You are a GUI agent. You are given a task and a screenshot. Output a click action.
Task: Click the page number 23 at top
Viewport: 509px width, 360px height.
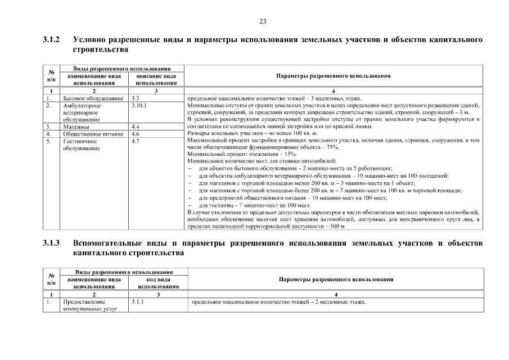point(262,21)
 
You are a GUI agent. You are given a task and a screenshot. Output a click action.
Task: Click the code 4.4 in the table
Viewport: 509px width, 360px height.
point(135,127)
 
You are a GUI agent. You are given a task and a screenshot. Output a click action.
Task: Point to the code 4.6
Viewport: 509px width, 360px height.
point(135,134)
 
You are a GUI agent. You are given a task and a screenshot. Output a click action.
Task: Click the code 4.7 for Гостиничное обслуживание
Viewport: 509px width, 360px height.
point(135,142)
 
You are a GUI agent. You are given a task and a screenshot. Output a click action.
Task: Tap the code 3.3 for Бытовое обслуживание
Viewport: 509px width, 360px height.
point(135,98)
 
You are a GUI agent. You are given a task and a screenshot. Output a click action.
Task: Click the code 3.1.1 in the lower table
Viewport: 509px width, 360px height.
point(137,303)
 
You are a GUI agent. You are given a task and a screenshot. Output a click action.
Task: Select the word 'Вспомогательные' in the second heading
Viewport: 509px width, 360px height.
point(110,244)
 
